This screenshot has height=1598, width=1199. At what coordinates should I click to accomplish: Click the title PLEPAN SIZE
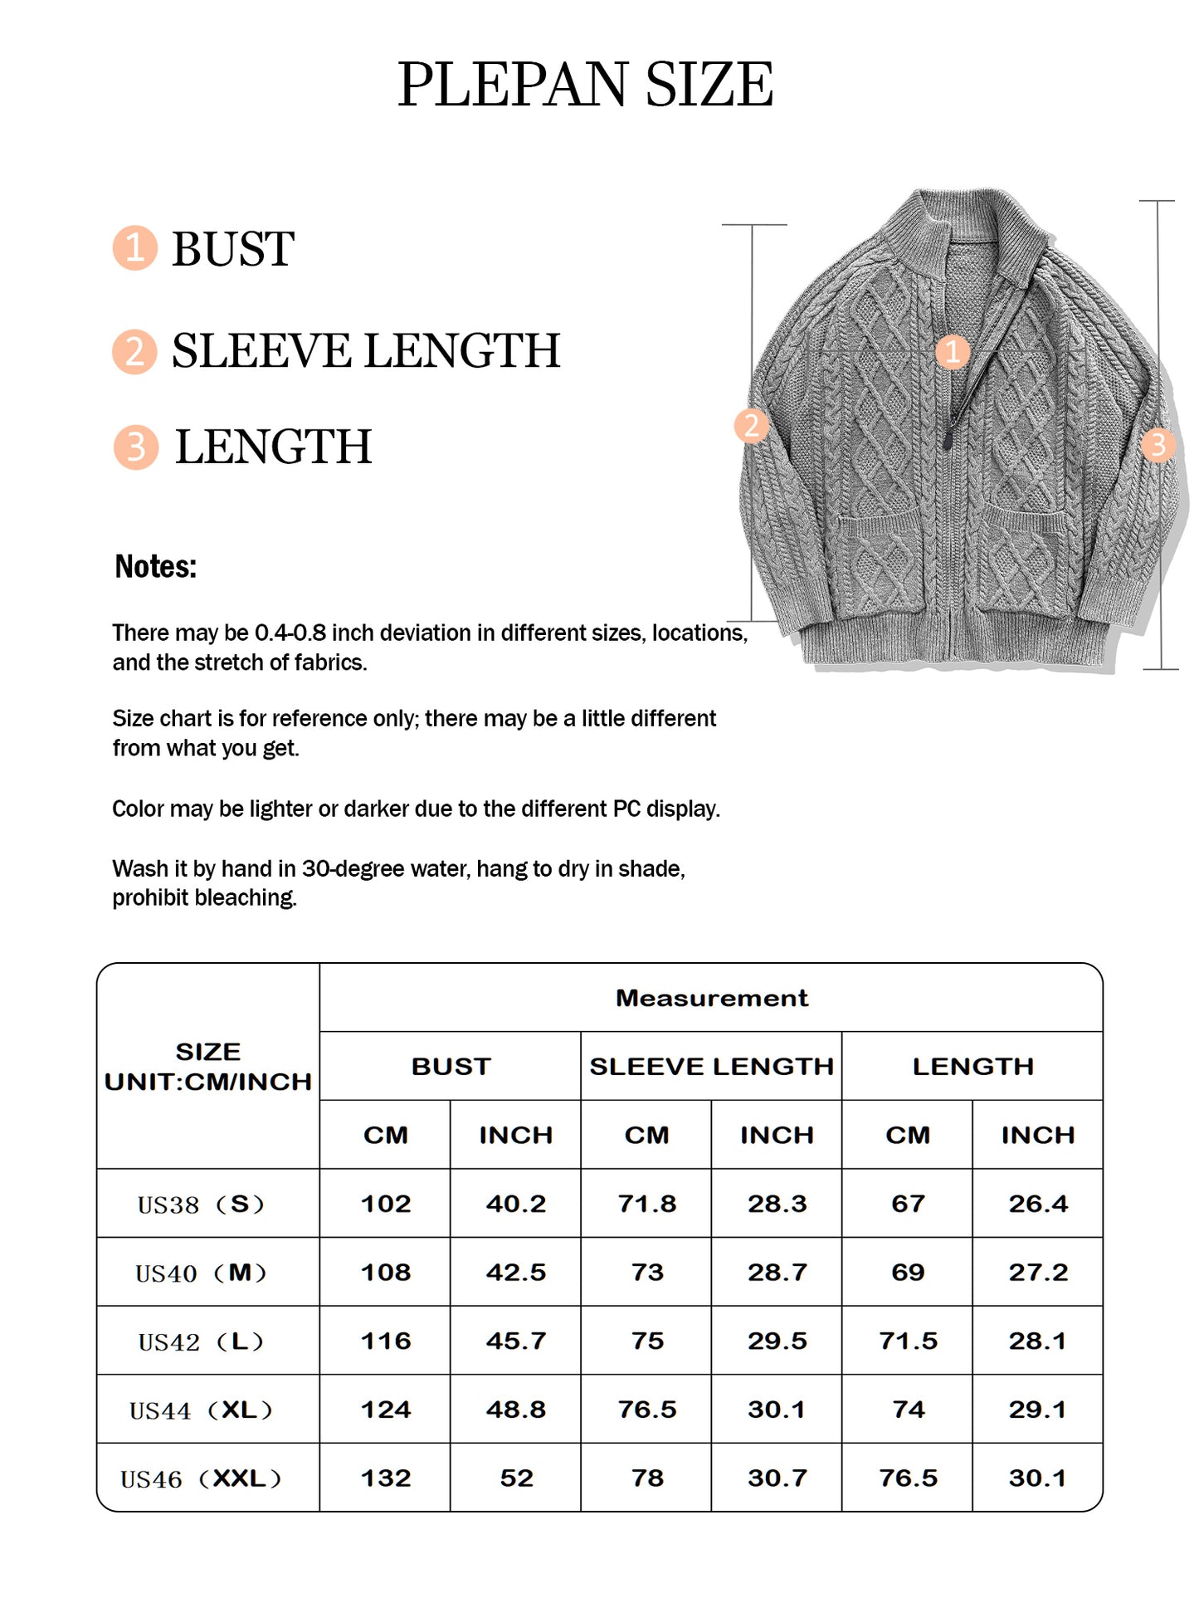[585, 85]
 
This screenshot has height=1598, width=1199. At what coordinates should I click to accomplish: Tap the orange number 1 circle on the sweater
[953, 351]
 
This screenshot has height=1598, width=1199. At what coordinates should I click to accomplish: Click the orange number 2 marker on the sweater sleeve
[752, 425]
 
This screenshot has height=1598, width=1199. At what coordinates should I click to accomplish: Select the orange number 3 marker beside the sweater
[1158, 445]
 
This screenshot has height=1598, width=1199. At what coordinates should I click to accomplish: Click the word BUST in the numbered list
[232, 249]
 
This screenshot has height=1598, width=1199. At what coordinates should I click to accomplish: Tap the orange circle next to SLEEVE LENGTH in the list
[134, 351]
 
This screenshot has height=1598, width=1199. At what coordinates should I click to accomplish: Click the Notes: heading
[155, 567]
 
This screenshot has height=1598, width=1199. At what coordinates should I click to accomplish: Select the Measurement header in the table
[711, 998]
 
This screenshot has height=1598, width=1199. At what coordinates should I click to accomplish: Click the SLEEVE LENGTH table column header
[711, 1067]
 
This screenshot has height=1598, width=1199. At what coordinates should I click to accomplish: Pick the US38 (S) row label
[201, 1204]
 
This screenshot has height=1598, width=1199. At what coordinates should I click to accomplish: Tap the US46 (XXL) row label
[201, 1478]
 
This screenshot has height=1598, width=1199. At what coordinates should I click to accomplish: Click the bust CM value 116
[386, 1341]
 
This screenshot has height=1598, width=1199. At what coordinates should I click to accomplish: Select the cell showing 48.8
[516, 1410]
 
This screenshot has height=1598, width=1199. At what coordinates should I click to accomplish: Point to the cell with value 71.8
[647, 1204]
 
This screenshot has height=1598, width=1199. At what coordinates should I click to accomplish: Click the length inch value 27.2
[1038, 1273]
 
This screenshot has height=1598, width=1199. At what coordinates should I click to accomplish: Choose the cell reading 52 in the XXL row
[516, 1478]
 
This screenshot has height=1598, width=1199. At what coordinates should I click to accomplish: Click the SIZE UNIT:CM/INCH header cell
[207, 1067]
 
